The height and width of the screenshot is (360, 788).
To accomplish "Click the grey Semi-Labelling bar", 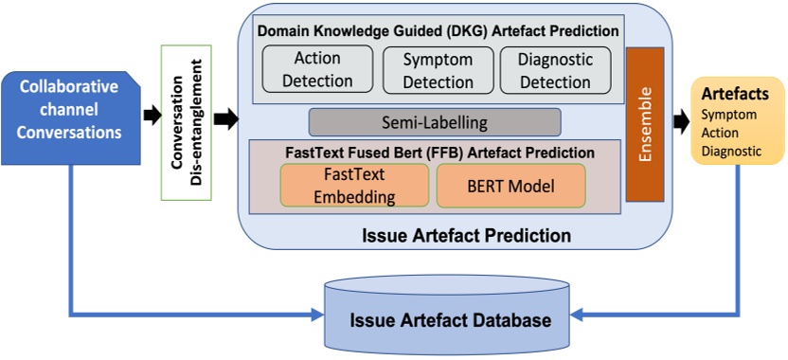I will click(435, 122).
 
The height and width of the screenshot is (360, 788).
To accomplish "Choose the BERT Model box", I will click(510, 186).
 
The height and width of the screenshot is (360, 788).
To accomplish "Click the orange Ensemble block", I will click(647, 124).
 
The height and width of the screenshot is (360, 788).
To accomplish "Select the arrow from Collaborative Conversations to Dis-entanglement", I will click(150, 117).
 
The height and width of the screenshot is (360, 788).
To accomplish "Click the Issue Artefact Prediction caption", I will click(453, 233).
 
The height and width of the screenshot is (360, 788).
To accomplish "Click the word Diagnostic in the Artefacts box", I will click(730, 150).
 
